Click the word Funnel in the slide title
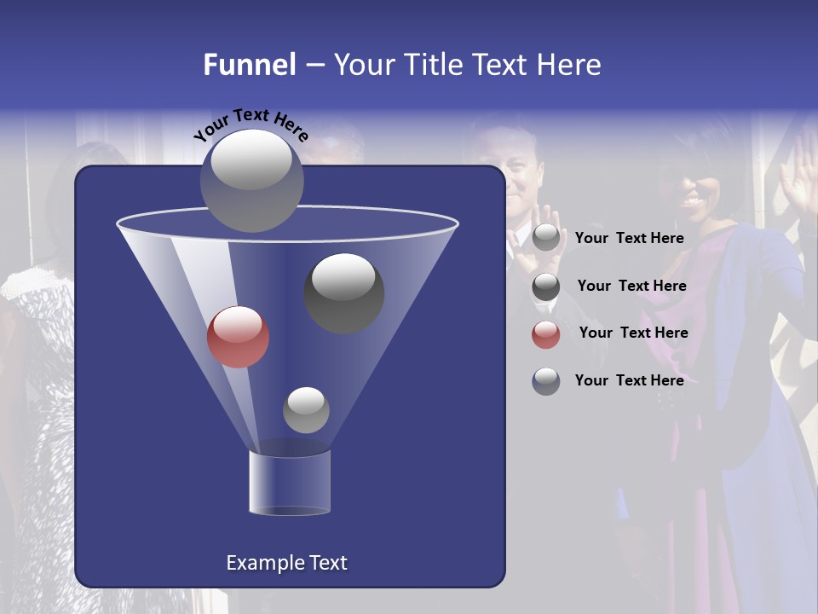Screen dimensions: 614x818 [250, 65]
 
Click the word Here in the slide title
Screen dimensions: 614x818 [568, 65]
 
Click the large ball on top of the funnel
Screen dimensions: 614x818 [252, 180]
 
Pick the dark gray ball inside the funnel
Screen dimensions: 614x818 [344, 293]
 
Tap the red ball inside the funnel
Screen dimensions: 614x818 [239, 336]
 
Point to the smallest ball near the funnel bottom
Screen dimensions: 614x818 [306, 409]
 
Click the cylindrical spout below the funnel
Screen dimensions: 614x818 [290, 483]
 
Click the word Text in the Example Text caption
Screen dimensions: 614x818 [327, 563]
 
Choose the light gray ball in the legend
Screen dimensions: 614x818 [546, 238]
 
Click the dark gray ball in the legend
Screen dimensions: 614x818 [546, 287]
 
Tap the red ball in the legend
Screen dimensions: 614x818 [546, 333]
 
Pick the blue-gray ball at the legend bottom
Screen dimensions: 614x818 [546, 381]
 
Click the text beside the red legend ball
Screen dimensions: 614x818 [633, 333]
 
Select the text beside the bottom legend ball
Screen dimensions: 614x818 [629, 380]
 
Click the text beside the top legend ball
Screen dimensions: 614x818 [629, 238]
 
